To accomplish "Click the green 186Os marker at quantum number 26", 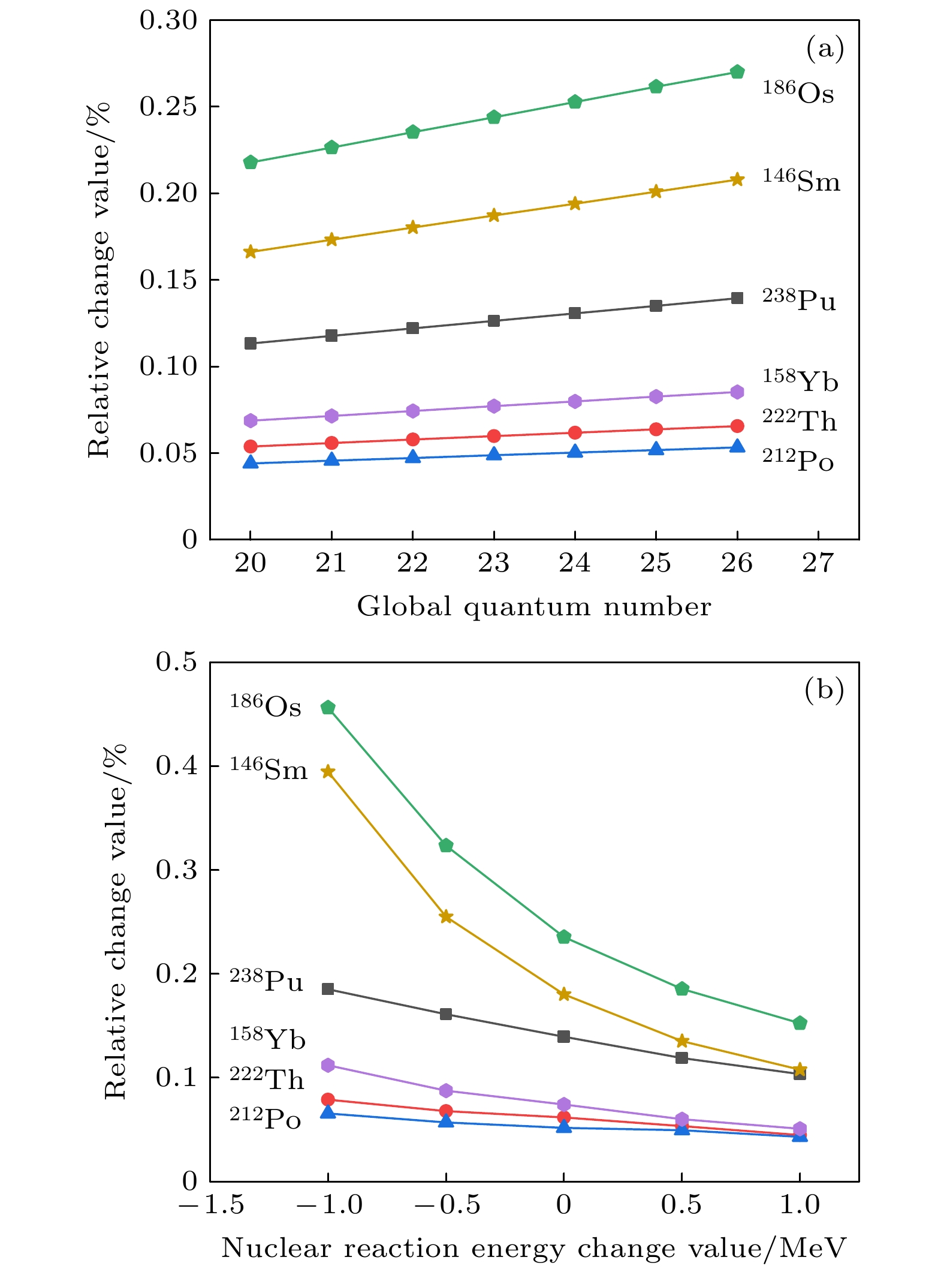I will point(737,72).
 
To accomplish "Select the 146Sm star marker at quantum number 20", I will point(251,252).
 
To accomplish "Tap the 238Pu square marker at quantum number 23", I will point(494,321).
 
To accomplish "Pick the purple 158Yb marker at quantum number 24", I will point(575,401).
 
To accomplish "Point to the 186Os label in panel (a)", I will point(798,93).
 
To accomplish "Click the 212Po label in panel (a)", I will point(798,461).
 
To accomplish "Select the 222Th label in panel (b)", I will point(267,1079).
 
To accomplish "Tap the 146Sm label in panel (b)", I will point(268,769).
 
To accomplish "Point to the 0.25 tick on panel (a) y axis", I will point(168,107).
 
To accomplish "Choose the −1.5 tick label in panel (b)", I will point(212,1204).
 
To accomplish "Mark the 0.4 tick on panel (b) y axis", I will point(176,766).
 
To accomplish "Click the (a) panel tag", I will point(825,48).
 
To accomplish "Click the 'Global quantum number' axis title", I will point(533,607).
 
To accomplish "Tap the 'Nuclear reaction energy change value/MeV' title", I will point(533,1249).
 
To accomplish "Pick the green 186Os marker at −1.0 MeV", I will point(328,708).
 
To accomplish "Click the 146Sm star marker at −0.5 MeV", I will point(446,917).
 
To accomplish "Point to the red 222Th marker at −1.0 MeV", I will point(328,1099).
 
